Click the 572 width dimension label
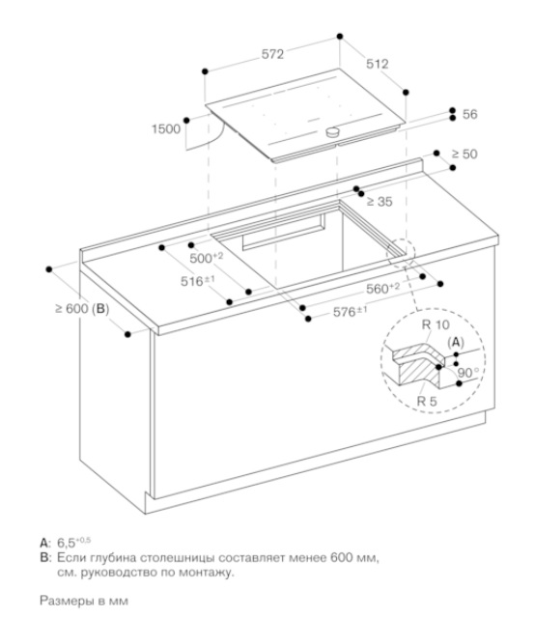[272, 54]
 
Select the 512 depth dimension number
[378, 64]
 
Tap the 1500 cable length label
[166, 128]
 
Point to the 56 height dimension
[469, 114]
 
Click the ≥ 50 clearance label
[465, 154]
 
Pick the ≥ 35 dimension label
[380, 202]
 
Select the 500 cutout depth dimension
[207, 258]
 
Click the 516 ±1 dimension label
[198, 281]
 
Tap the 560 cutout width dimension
[382, 288]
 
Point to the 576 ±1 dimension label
[351, 312]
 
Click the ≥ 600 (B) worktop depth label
[82, 309]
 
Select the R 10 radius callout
[436, 324]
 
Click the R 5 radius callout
[427, 402]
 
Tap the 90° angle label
[468, 373]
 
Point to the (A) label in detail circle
[456, 343]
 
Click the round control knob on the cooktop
[333, 131]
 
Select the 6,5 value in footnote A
[67, 543]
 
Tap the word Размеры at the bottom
[67, 601]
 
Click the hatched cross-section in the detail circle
[419, 365]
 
